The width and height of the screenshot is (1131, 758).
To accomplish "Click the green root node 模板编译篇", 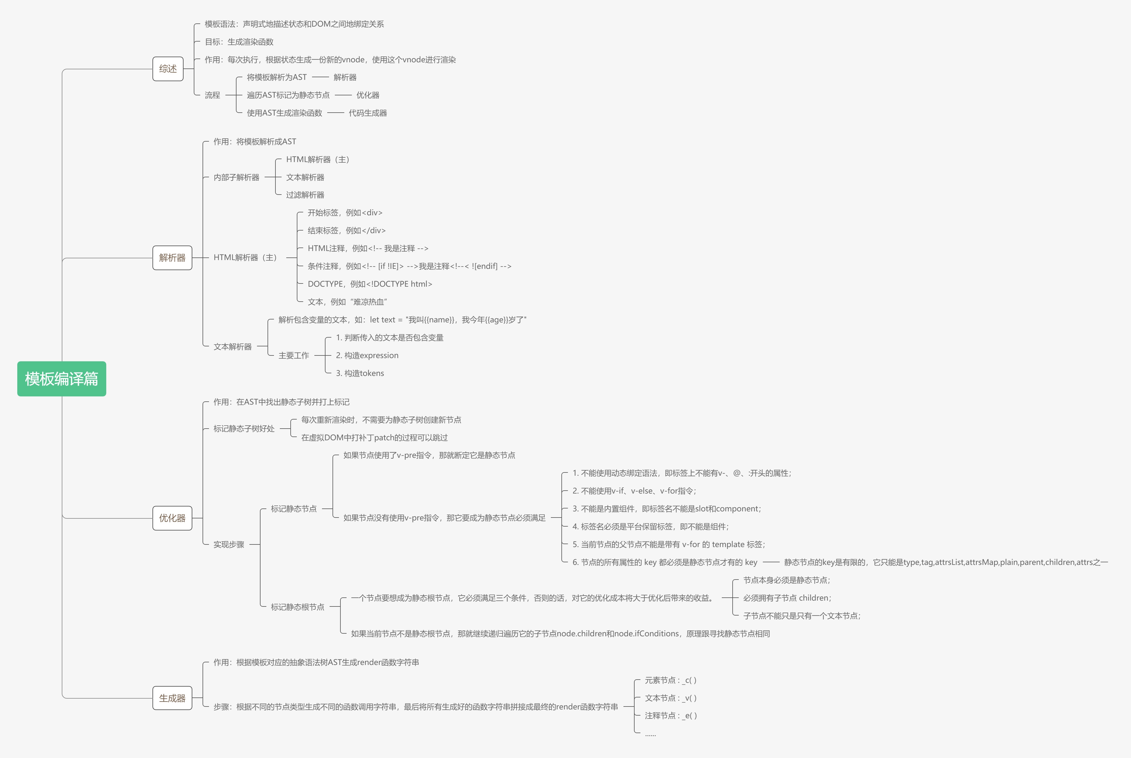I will pos(61,379).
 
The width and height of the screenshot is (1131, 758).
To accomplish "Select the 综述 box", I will pos(168,69).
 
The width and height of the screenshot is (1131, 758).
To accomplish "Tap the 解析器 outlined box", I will pos(172,258).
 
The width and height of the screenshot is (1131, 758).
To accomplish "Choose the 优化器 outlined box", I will pos(172,518).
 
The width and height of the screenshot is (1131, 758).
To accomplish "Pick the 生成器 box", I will pos(172,698).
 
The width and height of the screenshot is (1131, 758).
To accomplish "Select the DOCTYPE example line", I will pos(369,284).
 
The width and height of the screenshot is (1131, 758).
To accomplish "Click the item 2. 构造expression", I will pos(367,355).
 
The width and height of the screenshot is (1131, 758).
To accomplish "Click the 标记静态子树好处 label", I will pos(244,428).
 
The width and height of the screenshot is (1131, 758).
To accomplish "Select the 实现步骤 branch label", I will pos(229,544).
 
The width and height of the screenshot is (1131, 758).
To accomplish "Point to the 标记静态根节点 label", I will pos(297,607).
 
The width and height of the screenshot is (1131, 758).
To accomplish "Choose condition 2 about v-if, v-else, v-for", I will pos(634,491).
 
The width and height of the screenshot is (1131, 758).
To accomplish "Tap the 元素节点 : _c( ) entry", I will pos(670,680).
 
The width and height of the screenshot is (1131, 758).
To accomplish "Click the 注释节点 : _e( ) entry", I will pos(670,716).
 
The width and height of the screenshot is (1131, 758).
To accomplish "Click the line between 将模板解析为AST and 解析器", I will pos(320,77).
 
